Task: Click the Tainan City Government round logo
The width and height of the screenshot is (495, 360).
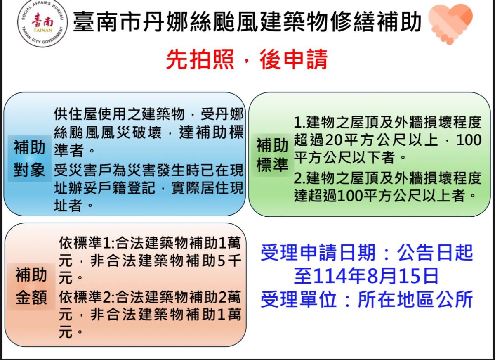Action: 42,24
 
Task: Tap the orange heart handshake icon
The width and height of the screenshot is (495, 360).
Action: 450,24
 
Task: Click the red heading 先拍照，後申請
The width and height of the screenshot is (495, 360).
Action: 247,60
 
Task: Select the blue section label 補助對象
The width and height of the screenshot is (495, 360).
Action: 30,159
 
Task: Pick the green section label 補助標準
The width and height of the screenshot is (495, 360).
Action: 272,155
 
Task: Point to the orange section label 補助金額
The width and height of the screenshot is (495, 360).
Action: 31,286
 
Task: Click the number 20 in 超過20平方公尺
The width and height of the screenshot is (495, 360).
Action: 333,140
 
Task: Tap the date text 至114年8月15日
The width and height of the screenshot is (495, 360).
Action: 366,276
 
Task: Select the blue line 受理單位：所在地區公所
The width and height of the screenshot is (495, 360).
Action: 367,299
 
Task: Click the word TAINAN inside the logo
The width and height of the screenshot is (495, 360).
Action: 43,30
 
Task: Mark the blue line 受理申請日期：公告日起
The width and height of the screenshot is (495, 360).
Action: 367,253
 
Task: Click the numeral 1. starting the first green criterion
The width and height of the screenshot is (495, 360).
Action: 299,122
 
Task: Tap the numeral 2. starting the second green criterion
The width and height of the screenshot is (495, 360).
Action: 299,178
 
